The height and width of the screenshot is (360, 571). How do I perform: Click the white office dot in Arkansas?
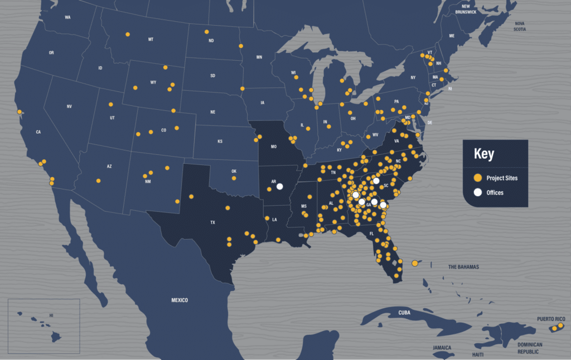click(x=280, y=187)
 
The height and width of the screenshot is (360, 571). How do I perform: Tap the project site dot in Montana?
click(x=128, y=35)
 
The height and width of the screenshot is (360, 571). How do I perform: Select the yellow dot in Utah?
click(x=111, y=105)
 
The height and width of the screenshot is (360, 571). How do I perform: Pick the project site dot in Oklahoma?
click(x=234, y=178)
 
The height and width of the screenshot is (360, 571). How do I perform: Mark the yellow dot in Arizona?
click(x=98, y=181)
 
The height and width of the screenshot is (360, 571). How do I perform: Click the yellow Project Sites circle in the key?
click(x=478, y=178)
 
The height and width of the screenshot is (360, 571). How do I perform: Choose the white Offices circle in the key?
click(x=478, y=192)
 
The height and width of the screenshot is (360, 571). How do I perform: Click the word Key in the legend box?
click(x=483, y=154)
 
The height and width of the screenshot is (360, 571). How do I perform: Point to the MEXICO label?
click(x=180, y=300)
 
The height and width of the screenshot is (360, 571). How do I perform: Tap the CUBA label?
click(x=404, y=313)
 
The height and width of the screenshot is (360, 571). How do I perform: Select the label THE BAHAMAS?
click(x=464, y=267)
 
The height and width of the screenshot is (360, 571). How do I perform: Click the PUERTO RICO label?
click(x=551, y=319)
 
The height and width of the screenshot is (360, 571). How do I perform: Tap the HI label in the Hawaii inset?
click(x=51, y=315)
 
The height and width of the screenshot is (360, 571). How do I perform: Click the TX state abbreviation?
click(x=212, y=222)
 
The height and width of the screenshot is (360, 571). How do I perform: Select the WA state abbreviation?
click(x=67, y=17)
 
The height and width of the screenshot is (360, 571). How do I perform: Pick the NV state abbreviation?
click(x=69, y=106)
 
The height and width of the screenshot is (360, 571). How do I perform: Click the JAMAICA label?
click(x=442, y=347)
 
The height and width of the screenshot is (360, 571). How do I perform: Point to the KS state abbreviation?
click(x=220, y=142)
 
